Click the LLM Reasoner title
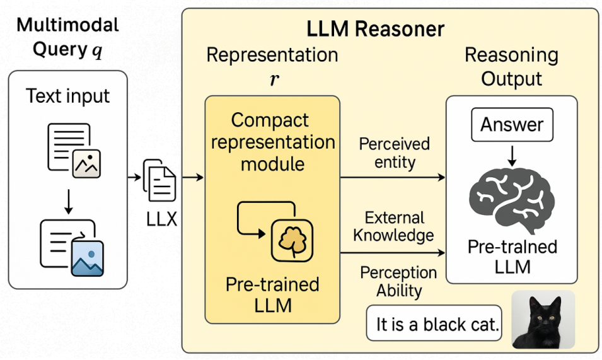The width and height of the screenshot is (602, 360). [x=375, y=29]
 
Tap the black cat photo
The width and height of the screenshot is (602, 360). [x=543, y=320]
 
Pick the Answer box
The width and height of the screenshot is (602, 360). [x=512, y=124]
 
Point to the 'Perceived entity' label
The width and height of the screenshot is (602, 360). [x=394, y=153]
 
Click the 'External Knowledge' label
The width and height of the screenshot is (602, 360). [x=393, y=227]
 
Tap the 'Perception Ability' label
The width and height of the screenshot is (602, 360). [x=398, y=282]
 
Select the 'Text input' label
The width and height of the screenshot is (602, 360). [x=68, y=96]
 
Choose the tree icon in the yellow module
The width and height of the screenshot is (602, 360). [x=292, y=240]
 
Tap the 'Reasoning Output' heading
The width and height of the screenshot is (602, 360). [x=511, y=67]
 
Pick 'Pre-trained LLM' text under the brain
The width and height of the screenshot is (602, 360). [x=512, y=256]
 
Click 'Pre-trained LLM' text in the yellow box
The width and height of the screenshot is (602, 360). [x=272, y=295]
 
